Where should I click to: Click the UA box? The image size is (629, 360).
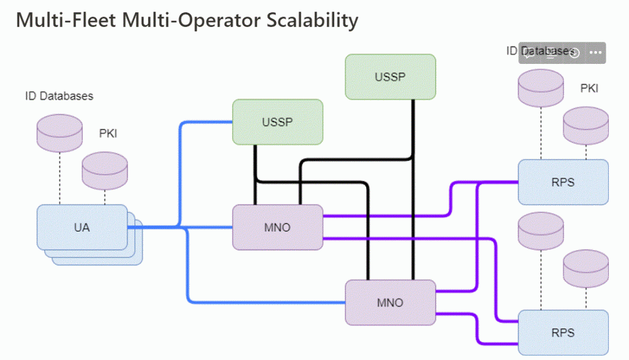(82, 227)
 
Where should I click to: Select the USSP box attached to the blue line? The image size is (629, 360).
(277, 122)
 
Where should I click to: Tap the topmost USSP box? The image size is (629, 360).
(390, 77)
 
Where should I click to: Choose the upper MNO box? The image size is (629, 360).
(277, 227)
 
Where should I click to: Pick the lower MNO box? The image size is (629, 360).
(390, 302)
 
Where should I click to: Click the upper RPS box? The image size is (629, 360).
(563, 182)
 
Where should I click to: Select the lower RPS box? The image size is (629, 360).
(563, 332)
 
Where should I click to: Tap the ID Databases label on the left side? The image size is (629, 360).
(59, 96)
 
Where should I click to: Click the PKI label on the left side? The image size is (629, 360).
(108, 133)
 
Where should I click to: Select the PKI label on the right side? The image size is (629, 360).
(589, 88)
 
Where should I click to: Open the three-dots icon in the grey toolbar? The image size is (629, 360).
(594, 53)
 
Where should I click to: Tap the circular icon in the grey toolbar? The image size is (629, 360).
(574, 53)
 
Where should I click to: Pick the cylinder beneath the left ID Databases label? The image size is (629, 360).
(60, 130)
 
